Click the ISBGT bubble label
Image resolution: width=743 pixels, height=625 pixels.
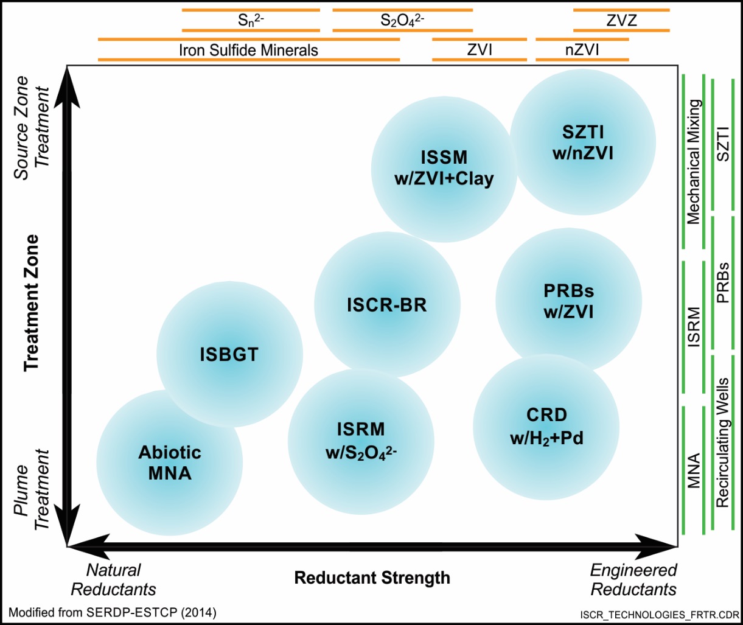[x=229, y=355]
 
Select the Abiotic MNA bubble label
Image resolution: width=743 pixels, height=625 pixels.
[x=170, y=463]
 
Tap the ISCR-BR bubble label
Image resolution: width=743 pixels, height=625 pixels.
[x=387, y=305]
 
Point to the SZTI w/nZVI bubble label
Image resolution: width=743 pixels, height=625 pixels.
[x=583, y=143]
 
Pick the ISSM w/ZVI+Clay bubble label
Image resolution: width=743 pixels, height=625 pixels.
[x=444, y=168]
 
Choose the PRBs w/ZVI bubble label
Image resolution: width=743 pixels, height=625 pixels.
[x=568, y=301]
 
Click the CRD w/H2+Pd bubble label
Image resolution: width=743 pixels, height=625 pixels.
[x=546, y=427]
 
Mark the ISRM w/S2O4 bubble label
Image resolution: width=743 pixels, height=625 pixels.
[x=361, y=441]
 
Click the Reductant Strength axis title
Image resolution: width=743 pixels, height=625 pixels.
[x=372, y=578]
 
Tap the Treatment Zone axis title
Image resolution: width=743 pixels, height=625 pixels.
[x=31, y=302]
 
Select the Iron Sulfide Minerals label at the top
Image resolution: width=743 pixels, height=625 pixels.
[x=248, y=50]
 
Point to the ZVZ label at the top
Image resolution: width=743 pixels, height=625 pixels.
[x=621, y=21]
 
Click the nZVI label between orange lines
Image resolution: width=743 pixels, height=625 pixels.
[x=582, y=50]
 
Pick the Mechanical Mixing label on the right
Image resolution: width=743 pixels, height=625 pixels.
[x=693, y=162]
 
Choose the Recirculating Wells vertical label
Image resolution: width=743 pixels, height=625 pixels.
[x=723, y=442]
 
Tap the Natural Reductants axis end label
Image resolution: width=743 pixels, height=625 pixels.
[x=114, y=579]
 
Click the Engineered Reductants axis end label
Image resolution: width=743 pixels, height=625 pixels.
[x=633, y=579]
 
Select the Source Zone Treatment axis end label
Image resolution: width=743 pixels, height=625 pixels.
[x=31, y=127]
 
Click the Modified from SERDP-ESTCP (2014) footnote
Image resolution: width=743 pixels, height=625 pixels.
[x=113, y=613]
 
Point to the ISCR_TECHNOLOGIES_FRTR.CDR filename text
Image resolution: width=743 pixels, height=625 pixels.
[x=660, y=615]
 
